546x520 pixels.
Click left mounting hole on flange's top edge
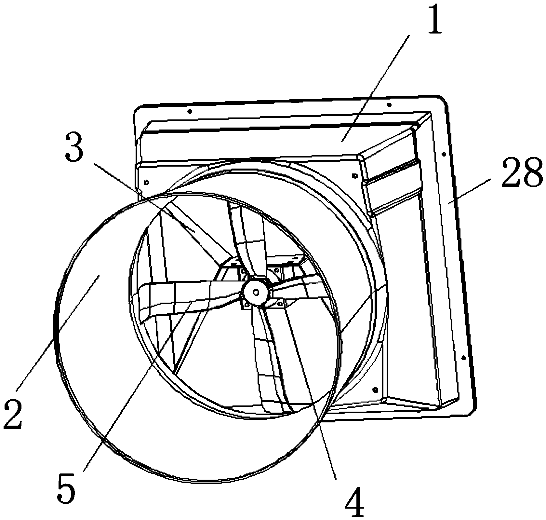190,112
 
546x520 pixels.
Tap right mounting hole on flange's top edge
389,105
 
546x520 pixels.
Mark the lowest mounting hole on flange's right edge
463,358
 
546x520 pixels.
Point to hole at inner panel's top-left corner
146,182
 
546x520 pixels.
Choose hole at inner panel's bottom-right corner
375,389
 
